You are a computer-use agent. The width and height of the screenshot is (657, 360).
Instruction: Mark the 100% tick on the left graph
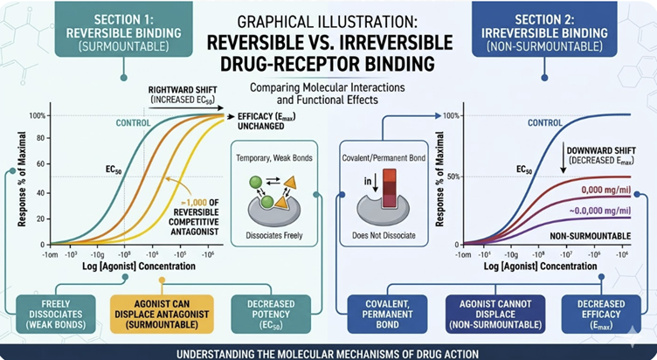38,115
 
